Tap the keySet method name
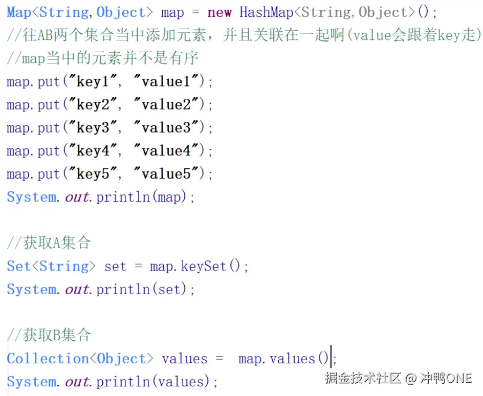point(203,267)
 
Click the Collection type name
point(48,359)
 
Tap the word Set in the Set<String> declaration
point(18,267)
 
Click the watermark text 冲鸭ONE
point(446,378)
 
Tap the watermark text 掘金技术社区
point(363,378)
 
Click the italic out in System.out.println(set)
point(77,290)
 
